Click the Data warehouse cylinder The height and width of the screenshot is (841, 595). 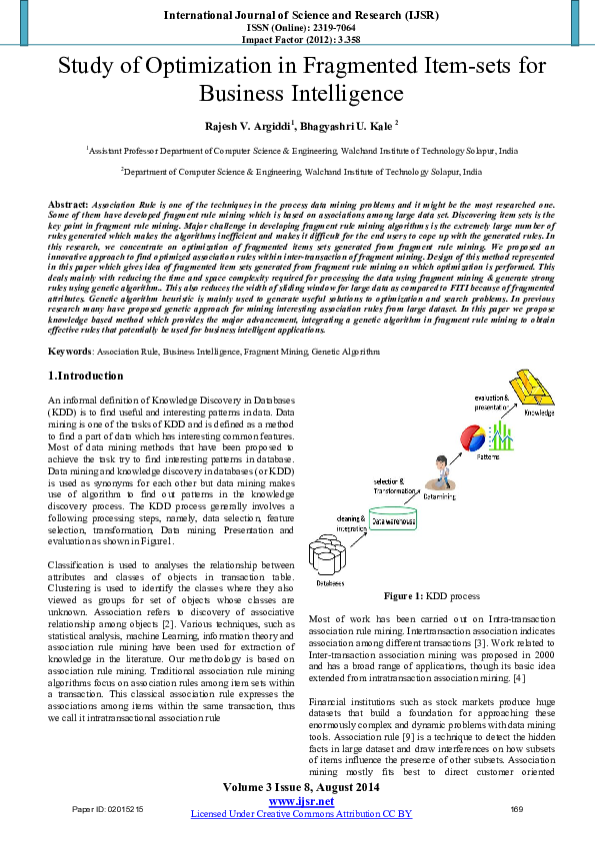(x=395, y=521)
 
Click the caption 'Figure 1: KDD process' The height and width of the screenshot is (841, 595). (x=436, y=596)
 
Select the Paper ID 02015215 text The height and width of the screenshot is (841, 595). (x=108, y=808)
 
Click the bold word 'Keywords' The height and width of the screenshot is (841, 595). (x=69, y=352)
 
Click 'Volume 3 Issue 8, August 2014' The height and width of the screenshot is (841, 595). (x=300, y=788)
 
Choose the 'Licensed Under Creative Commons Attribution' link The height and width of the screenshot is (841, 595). (x=301, y=814)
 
